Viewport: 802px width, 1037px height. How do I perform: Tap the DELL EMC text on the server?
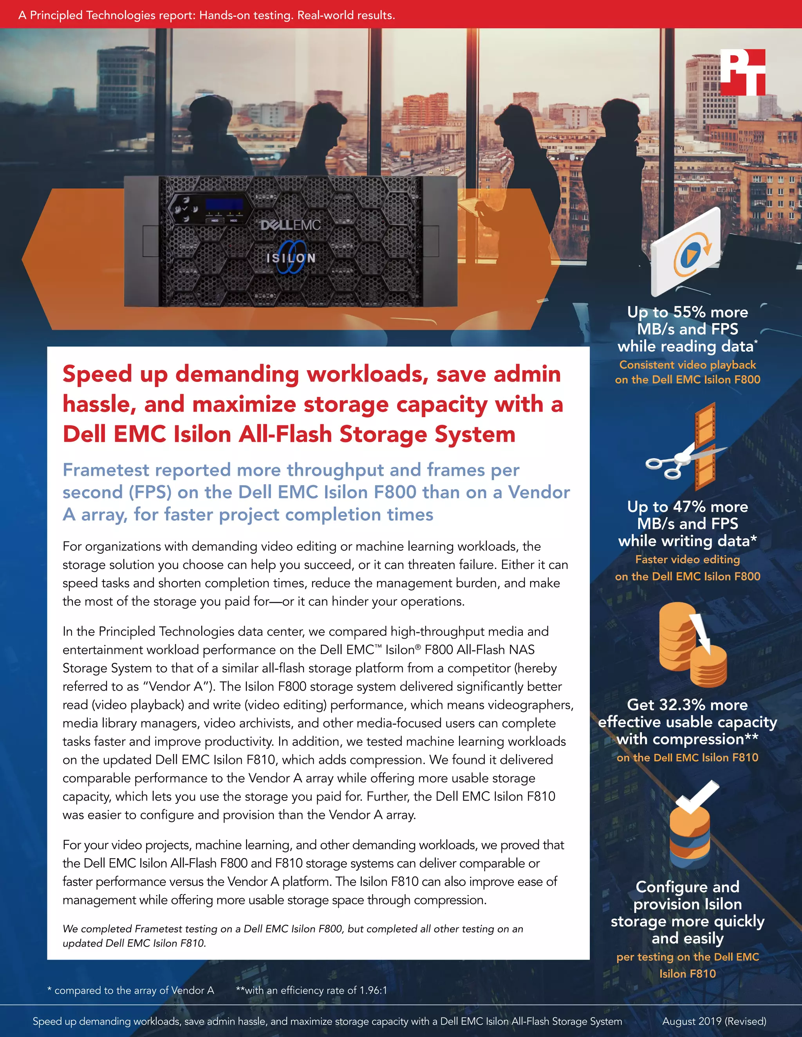click(x=290, y=225)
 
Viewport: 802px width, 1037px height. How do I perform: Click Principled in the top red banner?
click(x=56, y=15)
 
